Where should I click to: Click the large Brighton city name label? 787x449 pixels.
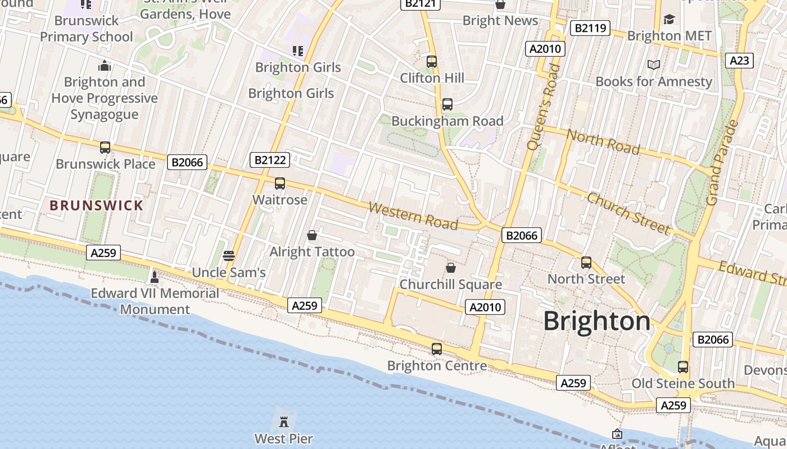point(596,322)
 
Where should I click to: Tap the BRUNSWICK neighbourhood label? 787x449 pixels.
point(97,205)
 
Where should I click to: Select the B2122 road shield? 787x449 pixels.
point(270,161)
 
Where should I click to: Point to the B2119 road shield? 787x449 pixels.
point(590,28)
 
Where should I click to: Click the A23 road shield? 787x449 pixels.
point(739,61)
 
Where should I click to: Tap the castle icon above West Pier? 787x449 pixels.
point(284,421)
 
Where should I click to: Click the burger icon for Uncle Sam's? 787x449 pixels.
point(228,256)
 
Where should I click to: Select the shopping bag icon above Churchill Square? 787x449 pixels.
point(450,268)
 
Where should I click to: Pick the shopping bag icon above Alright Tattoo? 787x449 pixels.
point(312,235)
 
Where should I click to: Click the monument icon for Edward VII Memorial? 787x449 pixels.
point(155,277)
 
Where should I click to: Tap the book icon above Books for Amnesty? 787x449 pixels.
point(654,65)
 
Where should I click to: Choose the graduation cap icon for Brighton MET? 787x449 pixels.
point(669,20)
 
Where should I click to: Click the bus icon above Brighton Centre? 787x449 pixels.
point(437,349)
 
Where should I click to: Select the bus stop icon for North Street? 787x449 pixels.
point(586,263)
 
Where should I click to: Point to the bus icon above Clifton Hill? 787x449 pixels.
point(432,62)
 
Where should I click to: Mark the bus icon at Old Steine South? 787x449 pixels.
point(683,367)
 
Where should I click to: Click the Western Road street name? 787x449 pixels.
point(413,216)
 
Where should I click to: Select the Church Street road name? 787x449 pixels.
point(628,213)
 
